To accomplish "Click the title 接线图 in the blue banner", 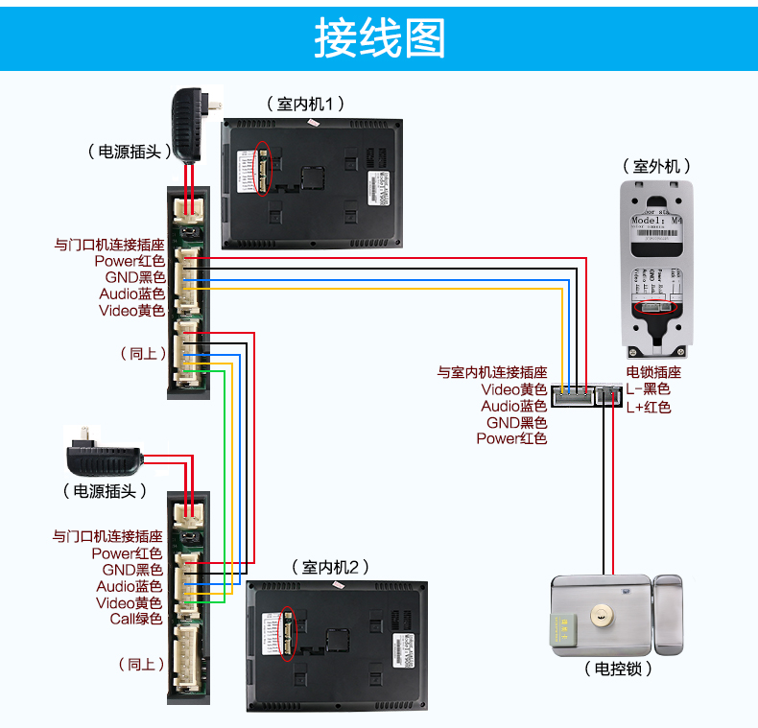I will [379, 38].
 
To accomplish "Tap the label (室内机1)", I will [305, 104].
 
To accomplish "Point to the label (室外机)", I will [656, 166].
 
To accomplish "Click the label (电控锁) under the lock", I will [618, 669].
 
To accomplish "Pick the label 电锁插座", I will [653, 372].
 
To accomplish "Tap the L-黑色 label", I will [648, 389].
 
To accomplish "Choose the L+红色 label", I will [648, 407].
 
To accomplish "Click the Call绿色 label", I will [135, 619].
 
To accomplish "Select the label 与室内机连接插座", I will [491, 372].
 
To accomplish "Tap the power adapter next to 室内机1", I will [194, 124].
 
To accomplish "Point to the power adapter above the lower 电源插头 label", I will [104, 455].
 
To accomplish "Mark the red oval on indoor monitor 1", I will [261, 172].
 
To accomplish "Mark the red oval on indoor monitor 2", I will [288, 634].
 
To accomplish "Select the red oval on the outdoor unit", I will [655, 307].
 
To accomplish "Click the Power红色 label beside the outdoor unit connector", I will [510, 438].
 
